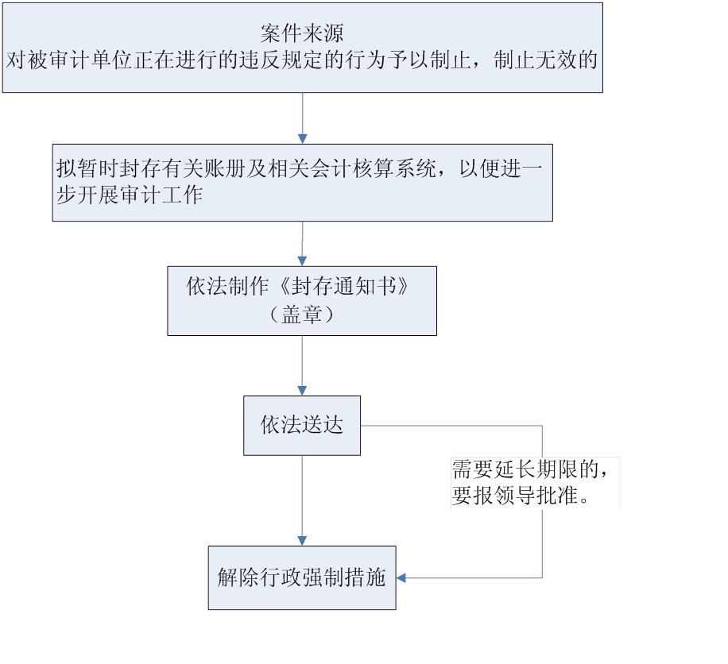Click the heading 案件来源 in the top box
click(301, 33)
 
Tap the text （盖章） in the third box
click(301, 315)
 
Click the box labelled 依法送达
click(302, 425)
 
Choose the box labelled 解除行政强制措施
click(302, 577)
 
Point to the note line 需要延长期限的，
click(531, 469)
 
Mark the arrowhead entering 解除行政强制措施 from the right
click(401, 577)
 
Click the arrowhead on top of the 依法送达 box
click(302, 391)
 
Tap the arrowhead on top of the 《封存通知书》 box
click(302, 261)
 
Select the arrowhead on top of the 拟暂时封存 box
click(302, 139)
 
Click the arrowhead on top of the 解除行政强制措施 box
click(302, 541)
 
